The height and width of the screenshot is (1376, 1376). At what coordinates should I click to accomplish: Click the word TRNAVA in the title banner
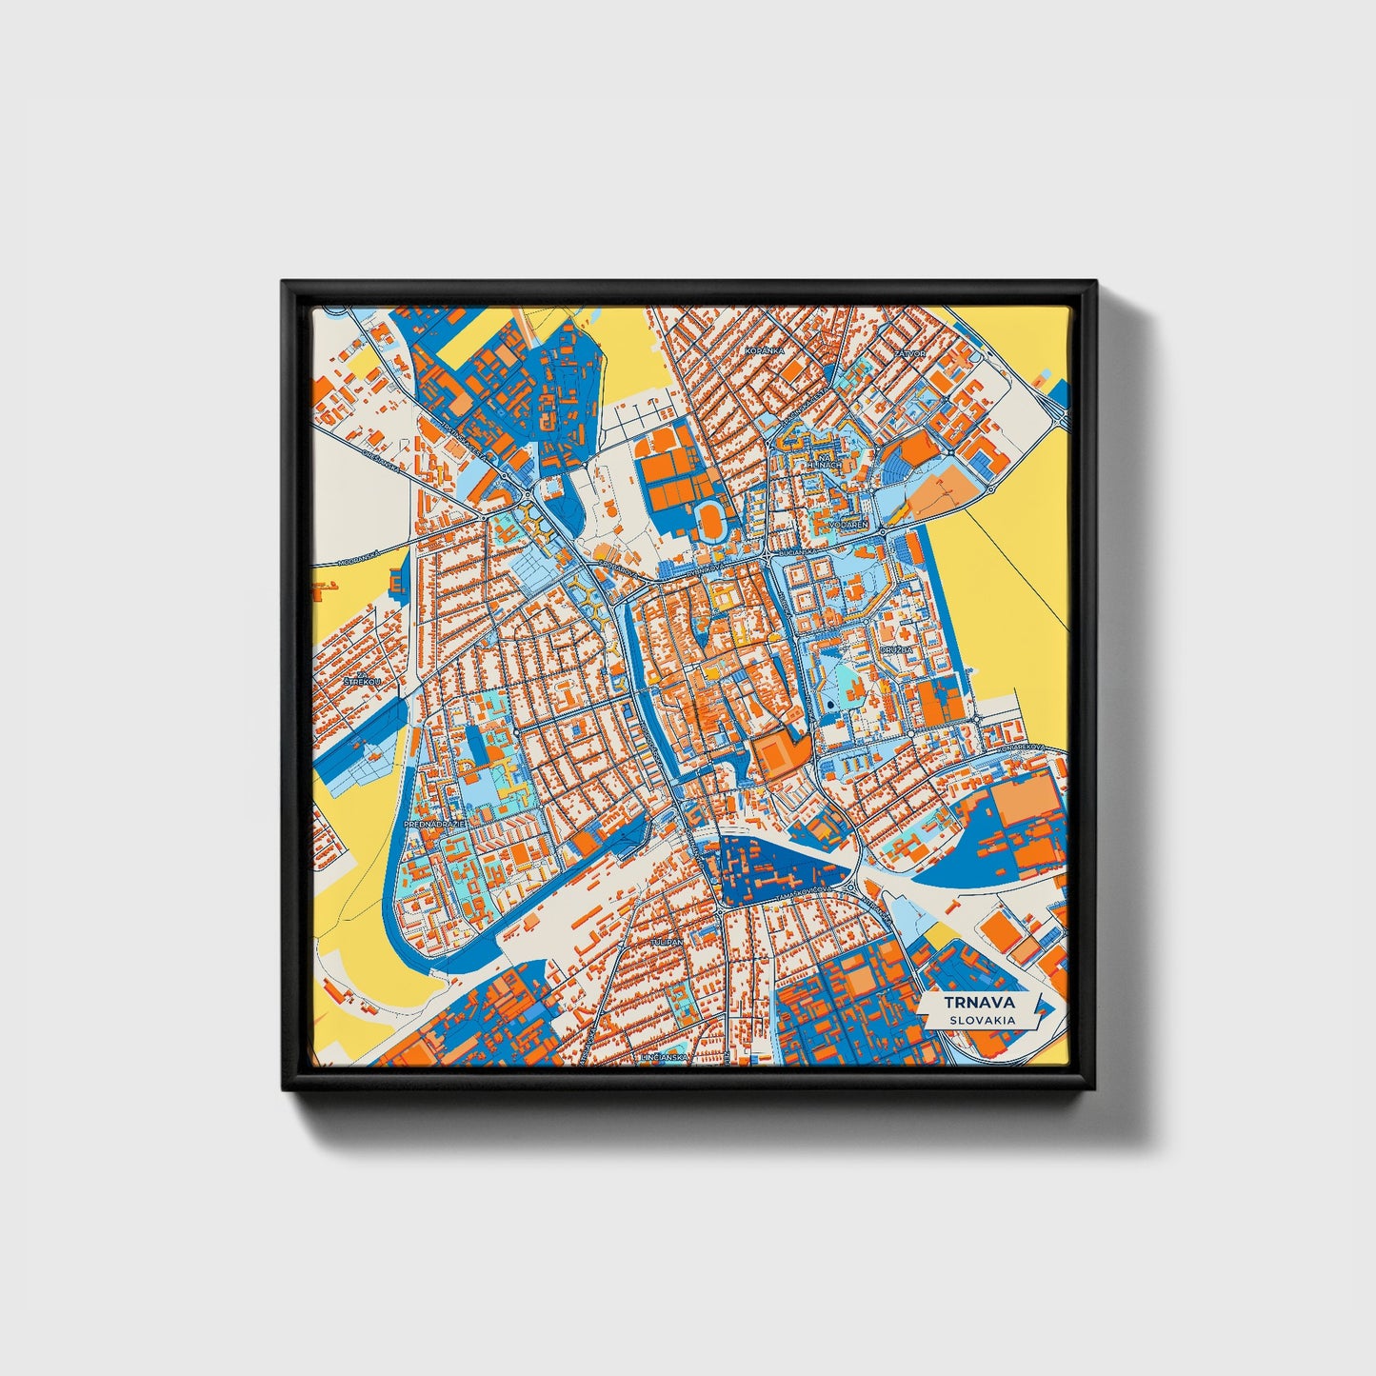tap(981, 1003)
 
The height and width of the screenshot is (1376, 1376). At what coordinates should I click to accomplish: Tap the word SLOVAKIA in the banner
tap(981, 1020)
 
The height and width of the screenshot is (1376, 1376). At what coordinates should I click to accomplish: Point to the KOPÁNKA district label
tap(766, 351)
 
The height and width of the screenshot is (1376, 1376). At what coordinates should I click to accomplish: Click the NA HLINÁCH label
tap(825, 461)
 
